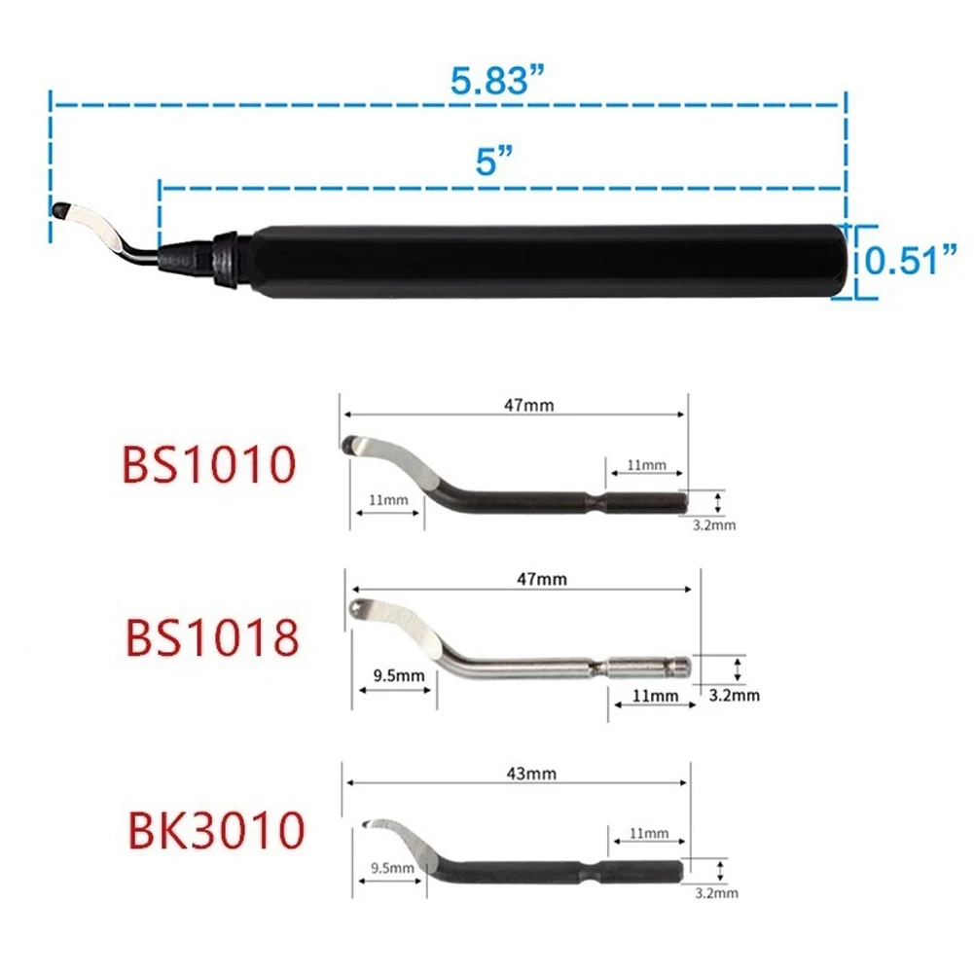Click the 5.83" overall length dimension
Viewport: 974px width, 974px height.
[496, 80]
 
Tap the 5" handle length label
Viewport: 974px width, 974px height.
[494, 161]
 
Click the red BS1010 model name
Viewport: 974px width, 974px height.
[208, 464]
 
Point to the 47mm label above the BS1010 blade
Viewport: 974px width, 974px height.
[528, 405]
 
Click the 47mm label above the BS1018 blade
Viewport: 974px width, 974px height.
[542, 579]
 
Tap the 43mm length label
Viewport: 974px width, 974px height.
[531, 774]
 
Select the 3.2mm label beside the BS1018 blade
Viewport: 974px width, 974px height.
[735, 695]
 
